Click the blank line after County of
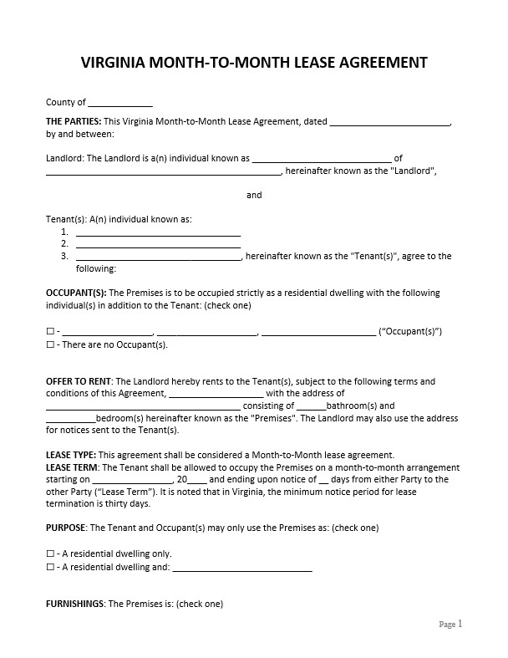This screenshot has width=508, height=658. [x=120, y=104]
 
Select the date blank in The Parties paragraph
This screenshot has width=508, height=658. [x=389, y=122]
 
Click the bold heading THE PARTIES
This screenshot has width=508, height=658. [x=73, y=121]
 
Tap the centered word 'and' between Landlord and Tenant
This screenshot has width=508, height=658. [x=254, y=195]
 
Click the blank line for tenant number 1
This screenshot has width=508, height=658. [x=158, y=232]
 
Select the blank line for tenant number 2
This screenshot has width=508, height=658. [x=158, y=244]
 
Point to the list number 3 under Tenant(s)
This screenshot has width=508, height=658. [x=64, y=257]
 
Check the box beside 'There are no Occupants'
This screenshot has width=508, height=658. [x=50, y=344]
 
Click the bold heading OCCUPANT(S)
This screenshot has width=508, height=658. [x=76, y=293]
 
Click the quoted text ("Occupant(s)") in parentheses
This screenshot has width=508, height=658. [x=410, y=331]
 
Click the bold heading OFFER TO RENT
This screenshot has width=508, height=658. [x=79, y=381]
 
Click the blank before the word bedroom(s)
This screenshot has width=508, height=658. [x=71, y=418]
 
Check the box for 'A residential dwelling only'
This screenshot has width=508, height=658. [x=50, y=553]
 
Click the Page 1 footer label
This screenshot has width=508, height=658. [x=450, y=624]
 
